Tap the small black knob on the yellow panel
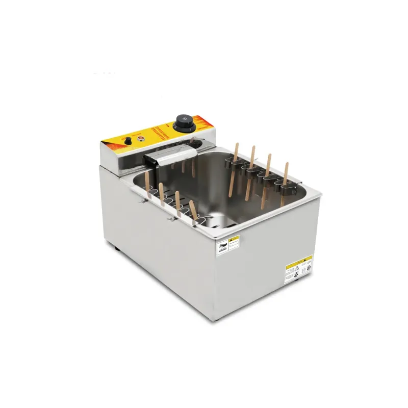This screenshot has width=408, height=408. click(x=129, y=141)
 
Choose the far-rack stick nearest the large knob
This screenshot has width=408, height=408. click(x=236, y=156)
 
